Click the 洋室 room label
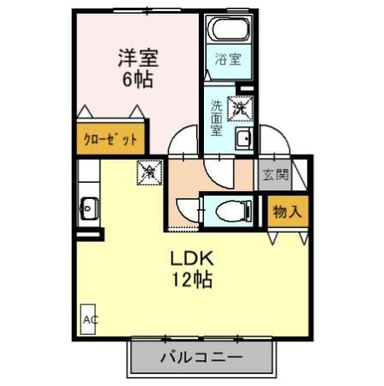tap(137, 60)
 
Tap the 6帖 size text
tap(137, 81)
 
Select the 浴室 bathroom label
tap(227, 61)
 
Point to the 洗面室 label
tap(217, 118)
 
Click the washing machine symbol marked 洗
tap(242, 108)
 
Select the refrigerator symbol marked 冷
tap(147, 172)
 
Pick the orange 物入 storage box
tap(287, 211)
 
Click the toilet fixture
tap(231, 208)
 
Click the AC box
tap(90, 318)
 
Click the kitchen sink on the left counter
tap(88, 206)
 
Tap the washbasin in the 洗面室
tap(243, 139)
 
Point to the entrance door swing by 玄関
tap(276, 142)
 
